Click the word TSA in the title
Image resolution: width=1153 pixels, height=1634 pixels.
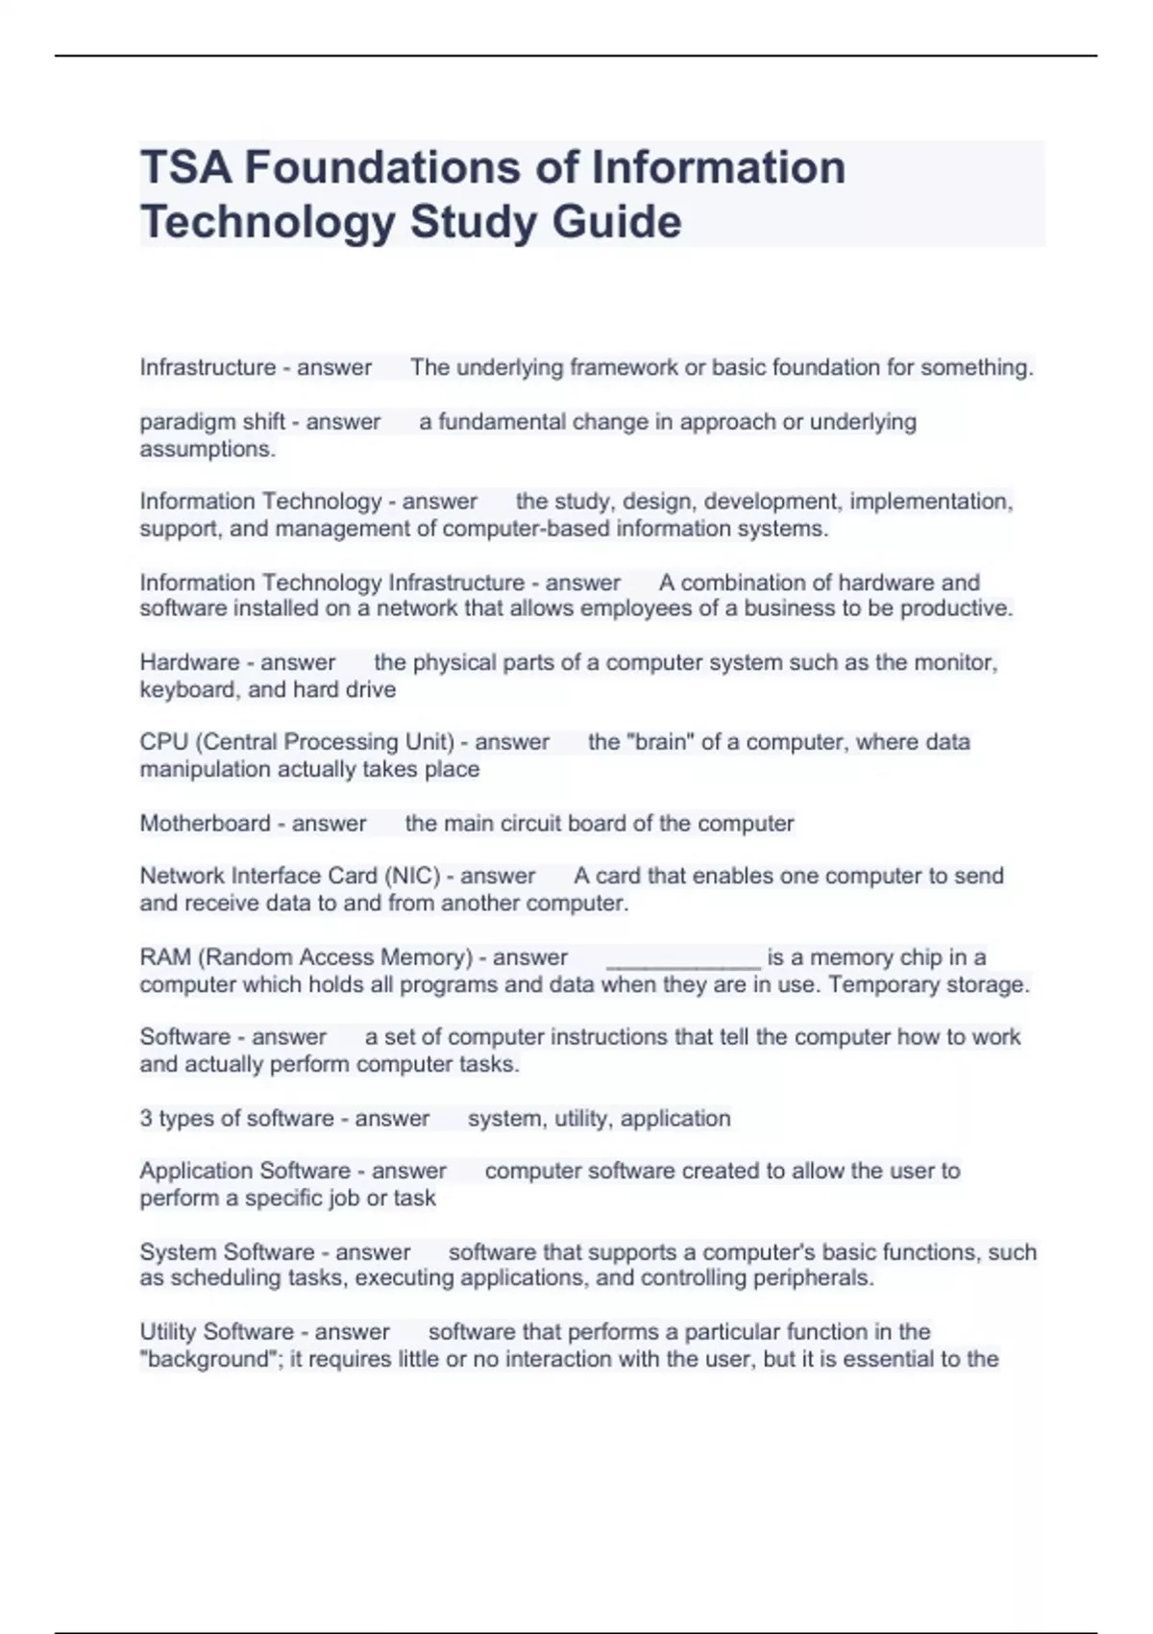click(185, 168)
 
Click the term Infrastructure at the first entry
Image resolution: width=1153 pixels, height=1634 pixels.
click(208, 367)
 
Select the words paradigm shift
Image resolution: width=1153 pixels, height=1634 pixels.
click(212, 422)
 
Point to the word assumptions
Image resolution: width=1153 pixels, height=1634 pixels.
click(207, 449)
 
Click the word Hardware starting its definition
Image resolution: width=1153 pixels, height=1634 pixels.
click(189, 662)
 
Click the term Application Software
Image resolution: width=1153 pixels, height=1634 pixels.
click(244, 1171)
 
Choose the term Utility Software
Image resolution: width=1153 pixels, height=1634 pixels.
click(216, 1332)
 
